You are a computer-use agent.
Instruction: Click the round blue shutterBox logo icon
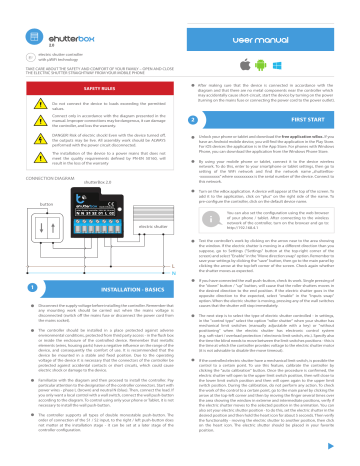12,11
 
